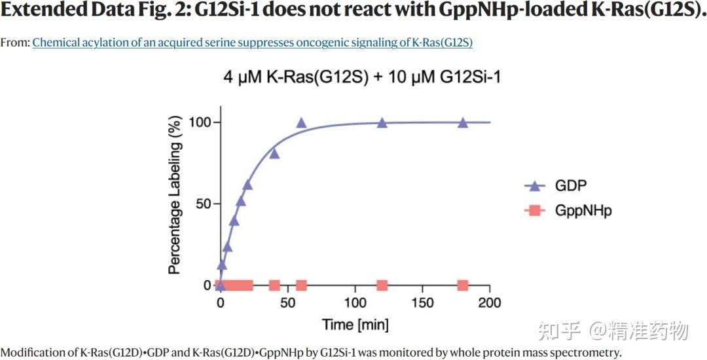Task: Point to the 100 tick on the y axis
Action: tap(200, 122)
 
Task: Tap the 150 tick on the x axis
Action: tap(422, 302)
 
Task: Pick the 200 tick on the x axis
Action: tap(489, 302)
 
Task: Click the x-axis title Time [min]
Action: tap(355, 325)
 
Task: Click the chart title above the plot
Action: tap(363, 77)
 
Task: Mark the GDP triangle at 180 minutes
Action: tap(463, 122)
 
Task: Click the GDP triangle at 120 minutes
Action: tap(382, 122)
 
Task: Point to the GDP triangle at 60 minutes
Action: tap(301, 122)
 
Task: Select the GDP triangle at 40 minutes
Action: tap(274, 153)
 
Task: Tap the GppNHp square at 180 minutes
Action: tap(463, 285)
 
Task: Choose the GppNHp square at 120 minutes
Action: tap(382, 285)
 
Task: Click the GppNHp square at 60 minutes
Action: tap(301, 285)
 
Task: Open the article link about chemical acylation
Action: tap(252, 43)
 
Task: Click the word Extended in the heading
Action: tap(43, 10)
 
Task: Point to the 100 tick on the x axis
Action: tap(355, 302)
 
